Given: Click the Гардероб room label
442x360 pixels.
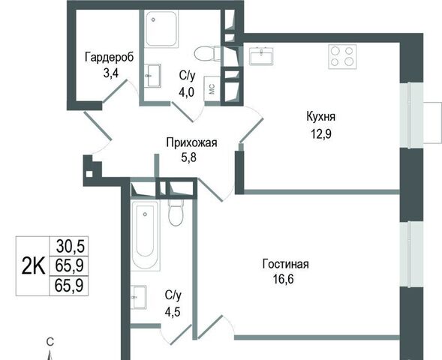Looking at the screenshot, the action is [x=110, y=57].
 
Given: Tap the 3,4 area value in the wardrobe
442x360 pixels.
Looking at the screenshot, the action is [x=111, y=73].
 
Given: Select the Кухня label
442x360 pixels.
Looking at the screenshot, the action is [x=320, y=116].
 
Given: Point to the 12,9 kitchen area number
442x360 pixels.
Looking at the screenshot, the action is [x=321, y=134].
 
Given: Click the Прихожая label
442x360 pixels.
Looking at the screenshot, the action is [x=191, y=142].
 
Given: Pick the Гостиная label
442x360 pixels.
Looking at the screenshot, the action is [x=286, y=264].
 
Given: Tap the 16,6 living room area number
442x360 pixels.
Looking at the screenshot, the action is [x=283, y=279].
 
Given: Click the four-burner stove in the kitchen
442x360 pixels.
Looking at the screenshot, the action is [x=342, y=56].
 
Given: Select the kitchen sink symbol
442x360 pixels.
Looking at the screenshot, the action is [x=261, y=56].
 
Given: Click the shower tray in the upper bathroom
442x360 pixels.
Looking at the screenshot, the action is [x=162, y=28].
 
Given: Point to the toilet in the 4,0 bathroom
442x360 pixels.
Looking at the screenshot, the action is [x=208, y=53].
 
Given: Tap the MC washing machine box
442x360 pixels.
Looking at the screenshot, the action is [x=212, y=88].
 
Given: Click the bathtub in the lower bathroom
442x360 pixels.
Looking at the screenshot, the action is [x=146, y=235].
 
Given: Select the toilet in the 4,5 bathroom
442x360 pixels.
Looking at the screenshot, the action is [x=176, y=213].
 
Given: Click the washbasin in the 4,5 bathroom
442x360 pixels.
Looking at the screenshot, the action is [x=139, y=297].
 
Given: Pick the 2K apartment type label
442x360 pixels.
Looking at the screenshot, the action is [x=33, y=266].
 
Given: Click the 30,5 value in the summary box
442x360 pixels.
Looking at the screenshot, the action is [x=71, y=246].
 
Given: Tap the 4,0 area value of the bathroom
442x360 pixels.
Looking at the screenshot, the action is [x=186, y=91].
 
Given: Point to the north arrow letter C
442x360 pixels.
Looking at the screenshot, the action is [x=50, y=342].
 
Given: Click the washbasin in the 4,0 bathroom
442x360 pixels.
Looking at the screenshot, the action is [x=152, y=76].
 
